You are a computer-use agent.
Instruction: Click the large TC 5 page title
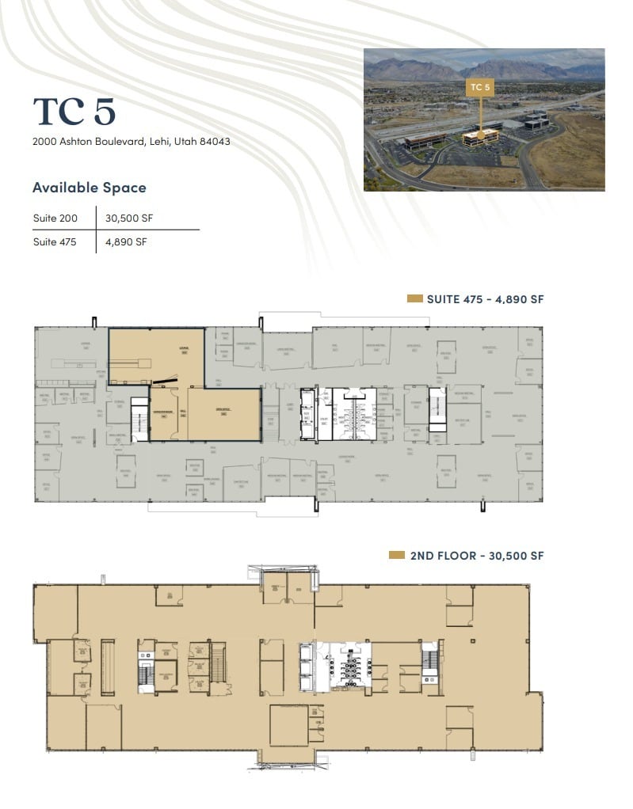click(x=74, y=112)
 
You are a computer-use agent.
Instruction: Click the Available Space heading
click(x=89, y=188)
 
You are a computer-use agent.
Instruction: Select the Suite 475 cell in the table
click(x=55, y=242)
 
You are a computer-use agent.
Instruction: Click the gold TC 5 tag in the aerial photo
click(x=479, y=87)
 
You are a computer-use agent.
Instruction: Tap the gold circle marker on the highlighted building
click(x=480, y=135)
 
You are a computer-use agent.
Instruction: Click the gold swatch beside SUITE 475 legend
click(x=414, y=299)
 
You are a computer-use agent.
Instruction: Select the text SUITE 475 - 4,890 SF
click(x=485, y=299)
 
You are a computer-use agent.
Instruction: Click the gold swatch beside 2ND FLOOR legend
click(x=398, y=556)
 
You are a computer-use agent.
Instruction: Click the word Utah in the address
click(x=190, y=142)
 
